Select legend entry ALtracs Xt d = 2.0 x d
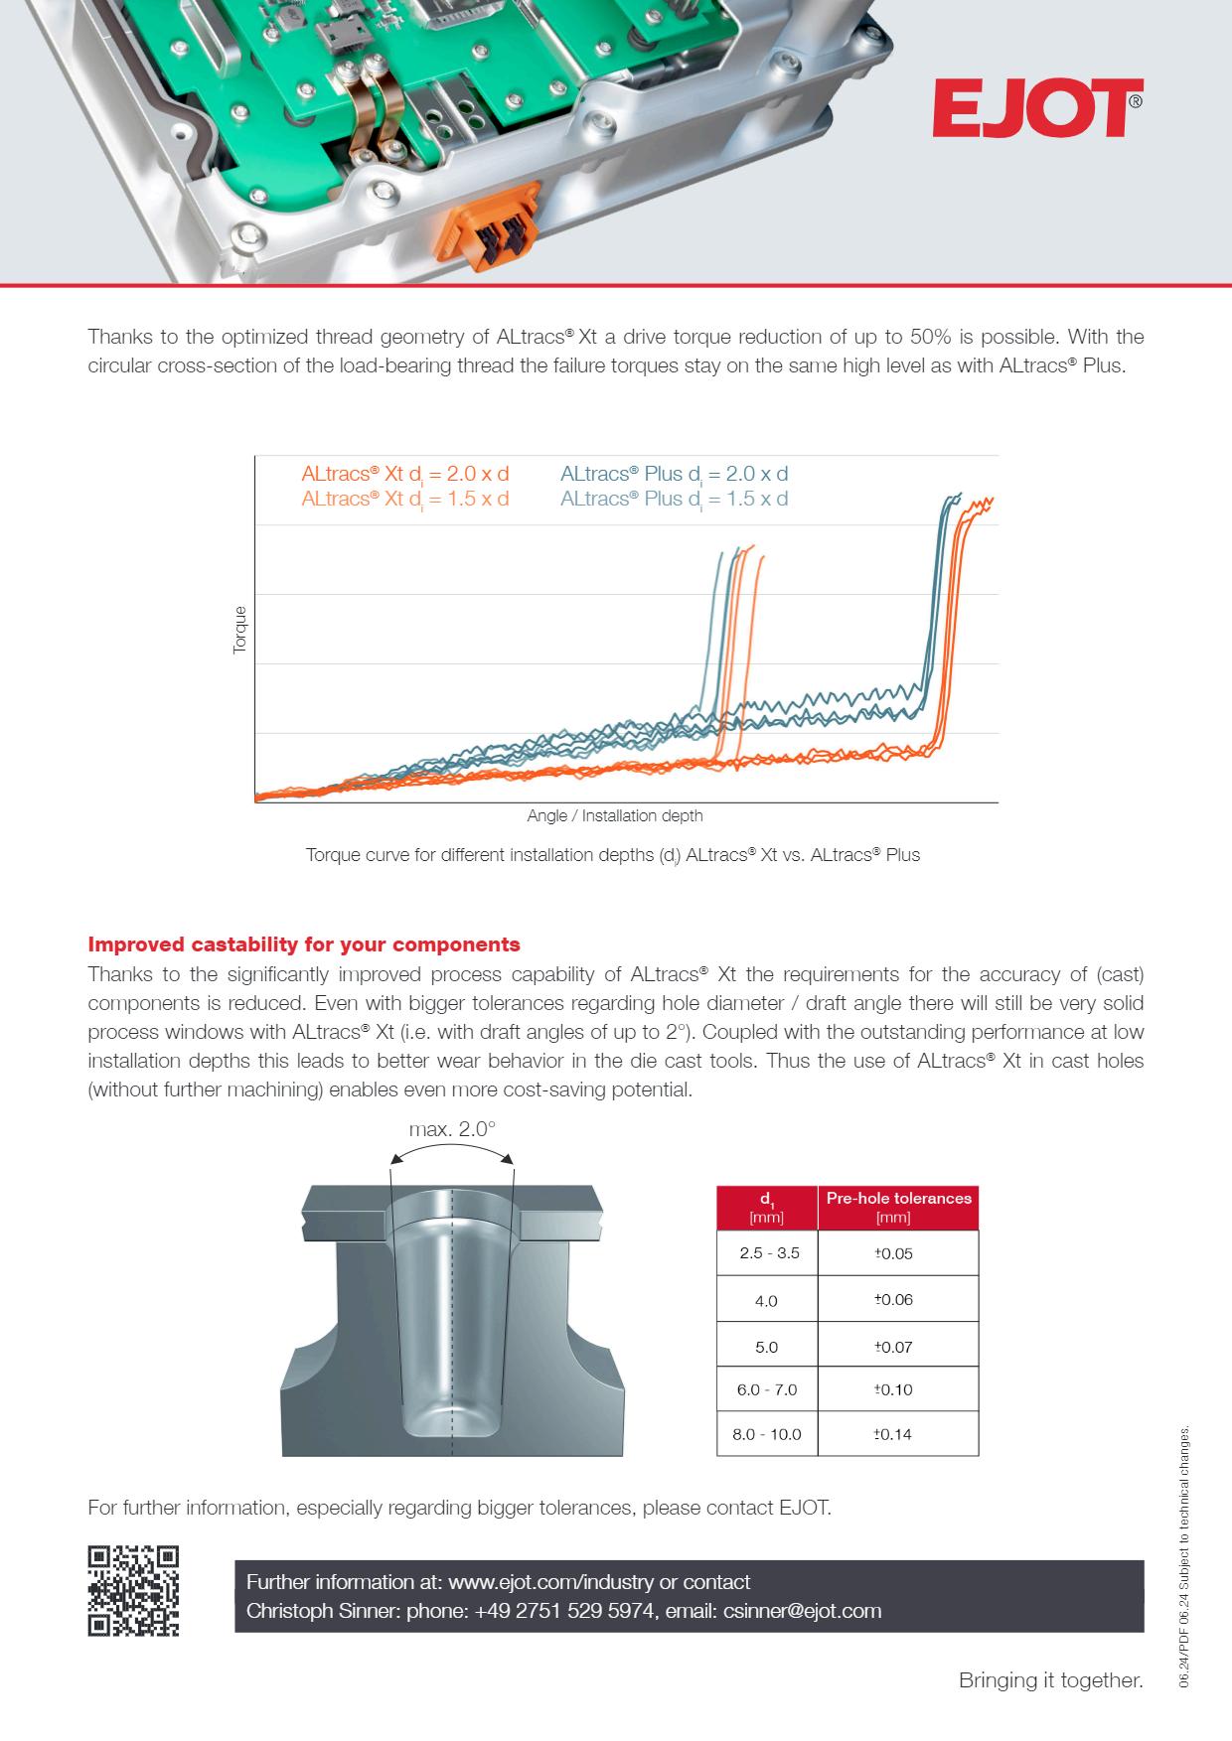[x=405, y=474]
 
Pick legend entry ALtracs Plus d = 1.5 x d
[x=674, y=499]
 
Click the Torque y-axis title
[x=239, y=630]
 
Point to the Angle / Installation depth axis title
[x=615, y=815]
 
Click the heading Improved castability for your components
[x=304, y=943]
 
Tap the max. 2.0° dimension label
[x=452, y=1129]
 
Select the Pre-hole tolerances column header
[x=898, y=1207]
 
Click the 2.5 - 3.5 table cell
[x=768, y=1253]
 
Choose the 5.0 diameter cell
[x=766, y=1347]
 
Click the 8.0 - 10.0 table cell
[x=767, y=1434]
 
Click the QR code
[x=134, y=1590]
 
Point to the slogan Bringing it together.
[x=1050, y=1680]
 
